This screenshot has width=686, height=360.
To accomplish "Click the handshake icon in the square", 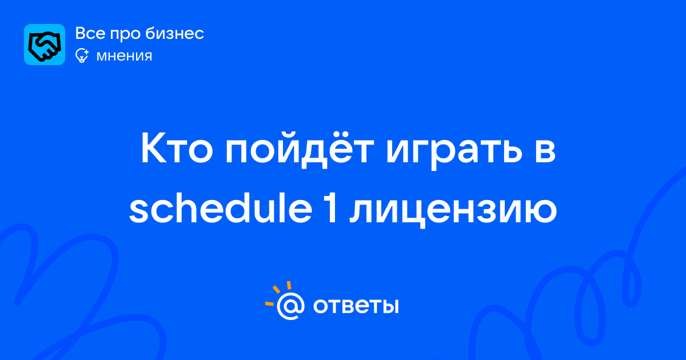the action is tap(45, 45).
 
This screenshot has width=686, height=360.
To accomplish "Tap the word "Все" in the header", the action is tap(90, 33).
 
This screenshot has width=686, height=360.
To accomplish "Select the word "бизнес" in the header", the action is tap(174, 33).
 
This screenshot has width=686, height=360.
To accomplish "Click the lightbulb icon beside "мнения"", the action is tap(82, 55).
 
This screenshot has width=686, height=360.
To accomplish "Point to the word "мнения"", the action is tap(124, 56).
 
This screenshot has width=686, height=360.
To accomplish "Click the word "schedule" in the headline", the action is tap(221, 207).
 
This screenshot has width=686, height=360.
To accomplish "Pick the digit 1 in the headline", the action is tap(331, 209).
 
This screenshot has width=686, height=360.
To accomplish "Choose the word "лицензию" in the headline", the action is tap(453, 211).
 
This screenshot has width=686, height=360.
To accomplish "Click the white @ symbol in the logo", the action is tap(290, 306).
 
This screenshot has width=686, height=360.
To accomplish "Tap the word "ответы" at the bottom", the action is tap(356, 306).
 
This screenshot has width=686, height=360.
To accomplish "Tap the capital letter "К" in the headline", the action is tap(153, 149).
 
